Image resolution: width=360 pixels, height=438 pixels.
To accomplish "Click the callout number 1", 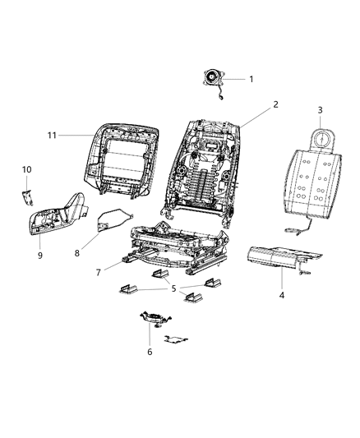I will click(252, 80).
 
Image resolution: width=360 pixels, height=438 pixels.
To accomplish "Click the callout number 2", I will click(252, 104).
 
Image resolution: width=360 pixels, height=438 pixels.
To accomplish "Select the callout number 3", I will click(321, 110).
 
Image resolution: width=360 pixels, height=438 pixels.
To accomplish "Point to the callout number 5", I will click(173, 288).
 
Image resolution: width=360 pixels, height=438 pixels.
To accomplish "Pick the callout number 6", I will click(150, 351).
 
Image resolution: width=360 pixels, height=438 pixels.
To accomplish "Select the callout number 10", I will click(26, 169).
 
